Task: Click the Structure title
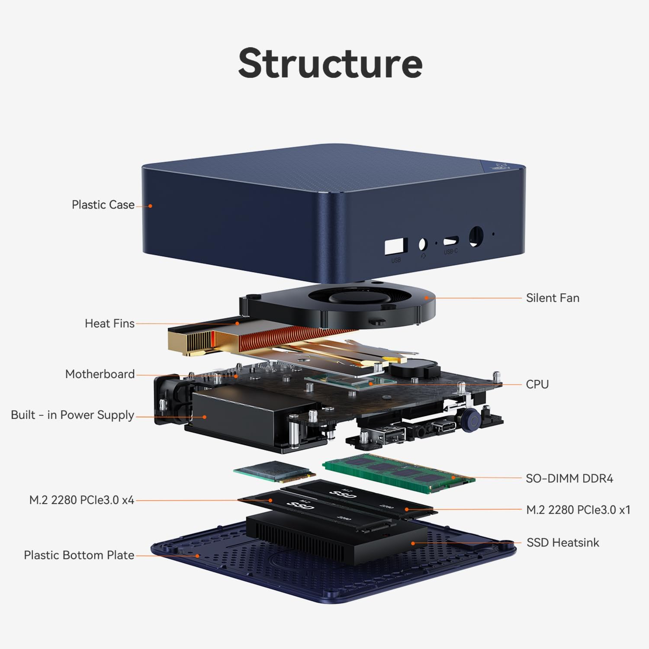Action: click(x=330, y=63)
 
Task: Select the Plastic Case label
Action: click(x=103, y=205)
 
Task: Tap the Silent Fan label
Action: click(x=553, y=298)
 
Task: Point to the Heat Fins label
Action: click(x=109, y=324)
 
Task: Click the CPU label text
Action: click(x=537, y=384)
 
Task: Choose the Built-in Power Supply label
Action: click(x=72, y=415)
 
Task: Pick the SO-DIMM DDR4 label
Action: click(x=569, y=479)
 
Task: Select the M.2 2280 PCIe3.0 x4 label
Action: click(x=81, y=500)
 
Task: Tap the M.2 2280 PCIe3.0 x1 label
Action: click(x=578, y=510)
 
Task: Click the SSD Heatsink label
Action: click(x=562, y=543)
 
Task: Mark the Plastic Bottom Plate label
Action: click(x=79, y=555)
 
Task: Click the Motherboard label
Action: click(x=100, y=374)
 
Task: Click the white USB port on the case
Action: click(x=395, y=246)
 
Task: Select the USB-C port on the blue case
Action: click(x=451, y=240)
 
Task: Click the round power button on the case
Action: click(x=476, y=237)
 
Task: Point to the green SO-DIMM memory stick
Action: click(x=398, y=472)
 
